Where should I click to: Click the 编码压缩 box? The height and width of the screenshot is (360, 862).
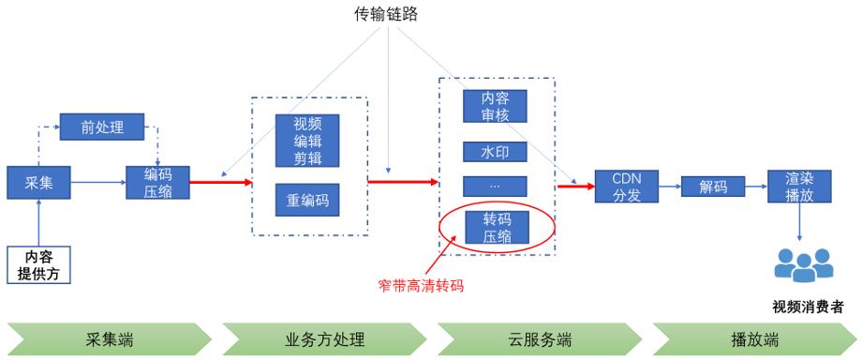[158, 183]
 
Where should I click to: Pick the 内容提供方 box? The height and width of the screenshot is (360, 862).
[39, 264]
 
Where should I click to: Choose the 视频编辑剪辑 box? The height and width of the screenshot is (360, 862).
[307, 140]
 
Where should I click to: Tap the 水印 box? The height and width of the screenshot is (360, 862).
[495, 151]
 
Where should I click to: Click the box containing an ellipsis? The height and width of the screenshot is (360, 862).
[495, 185]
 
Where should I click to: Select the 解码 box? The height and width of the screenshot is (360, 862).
[713, 187]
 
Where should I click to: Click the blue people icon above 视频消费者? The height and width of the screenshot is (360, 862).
[804, 265]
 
